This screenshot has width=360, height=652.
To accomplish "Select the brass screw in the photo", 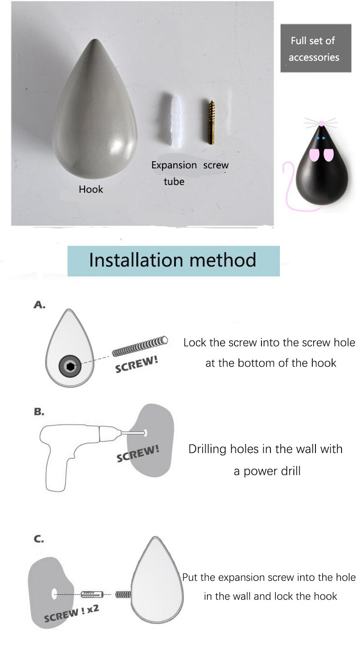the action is point(211,122).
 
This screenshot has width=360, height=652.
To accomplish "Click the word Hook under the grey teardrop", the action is point(91,190).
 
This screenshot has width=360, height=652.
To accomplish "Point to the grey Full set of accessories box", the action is point(316,48).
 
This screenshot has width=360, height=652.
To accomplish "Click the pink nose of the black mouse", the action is point(321,123).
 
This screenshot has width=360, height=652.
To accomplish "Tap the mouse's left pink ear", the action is point(314,155).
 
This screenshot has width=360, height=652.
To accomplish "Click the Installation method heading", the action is point(173,260).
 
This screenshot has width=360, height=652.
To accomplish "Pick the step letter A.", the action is point(40,305).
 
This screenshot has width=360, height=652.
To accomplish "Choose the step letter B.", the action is point(39,412).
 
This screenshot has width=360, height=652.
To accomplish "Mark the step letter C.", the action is point(39,539).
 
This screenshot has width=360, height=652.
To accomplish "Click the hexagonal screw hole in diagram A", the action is point(70,367).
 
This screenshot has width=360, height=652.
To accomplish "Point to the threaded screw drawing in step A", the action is point(140,346).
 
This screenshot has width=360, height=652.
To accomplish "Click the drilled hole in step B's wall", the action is point(145,433).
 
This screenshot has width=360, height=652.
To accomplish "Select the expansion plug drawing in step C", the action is point(92,594).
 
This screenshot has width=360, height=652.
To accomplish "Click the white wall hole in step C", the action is point(54,594).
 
